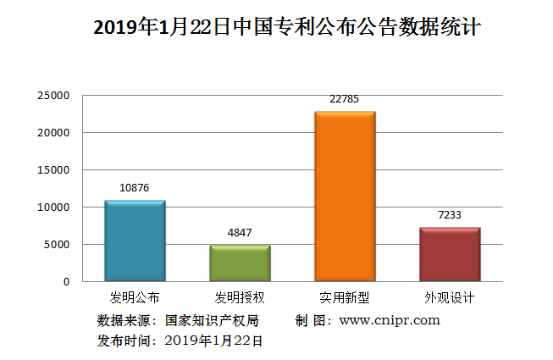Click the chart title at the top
click(287, 27)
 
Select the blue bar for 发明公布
click(135, 241)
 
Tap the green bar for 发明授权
click(240, 263)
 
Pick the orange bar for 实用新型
click(345, 197)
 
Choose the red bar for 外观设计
click(450, 254)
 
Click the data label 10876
click(135, 188)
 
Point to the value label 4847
click(240, 233)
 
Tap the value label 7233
click(450, 215)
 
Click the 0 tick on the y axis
click(65, 281)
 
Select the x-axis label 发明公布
click(135, 297)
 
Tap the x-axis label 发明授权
click(240, 297)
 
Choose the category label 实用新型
click(345, 297)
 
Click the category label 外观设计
click(450, 297)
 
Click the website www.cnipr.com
click(390, 320)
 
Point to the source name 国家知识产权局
click(212, 321)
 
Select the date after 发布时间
click(214, 341)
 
